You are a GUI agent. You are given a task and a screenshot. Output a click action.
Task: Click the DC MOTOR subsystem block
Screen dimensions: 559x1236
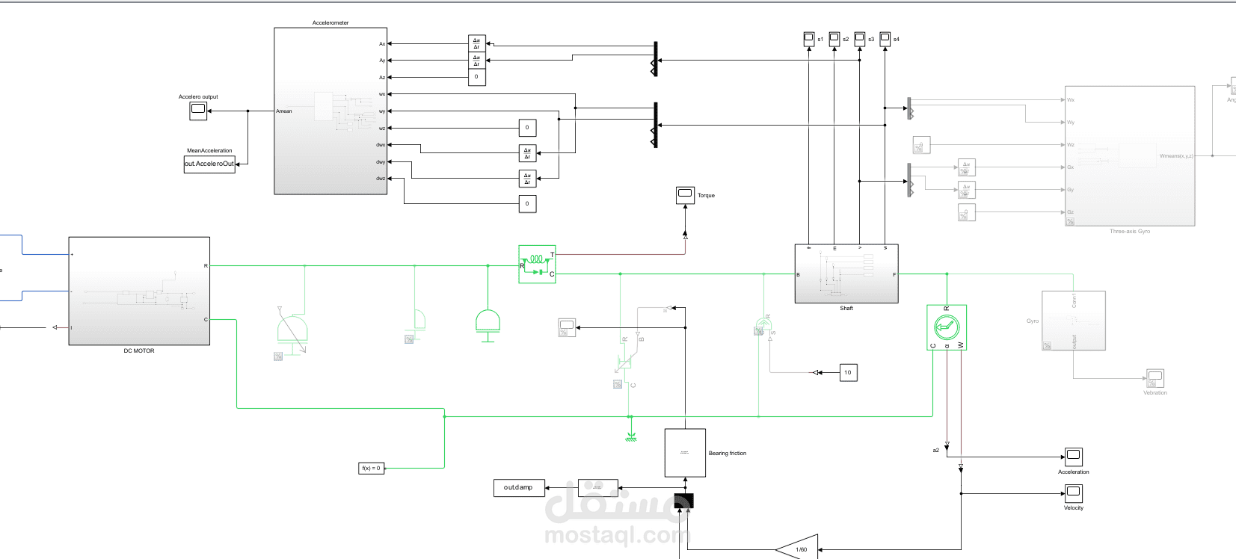139,291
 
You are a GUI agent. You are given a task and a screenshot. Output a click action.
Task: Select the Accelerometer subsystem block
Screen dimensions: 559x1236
330,111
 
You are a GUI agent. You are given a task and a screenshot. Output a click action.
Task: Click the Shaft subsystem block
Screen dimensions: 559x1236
846,274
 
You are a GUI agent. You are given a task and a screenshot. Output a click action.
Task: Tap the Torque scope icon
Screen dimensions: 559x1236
685,194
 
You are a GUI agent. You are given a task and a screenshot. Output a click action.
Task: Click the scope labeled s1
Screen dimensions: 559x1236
808,39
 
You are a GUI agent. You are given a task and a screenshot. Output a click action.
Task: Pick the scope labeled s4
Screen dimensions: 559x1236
885,39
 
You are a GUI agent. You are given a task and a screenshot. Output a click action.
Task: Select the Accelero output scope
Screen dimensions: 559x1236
198,111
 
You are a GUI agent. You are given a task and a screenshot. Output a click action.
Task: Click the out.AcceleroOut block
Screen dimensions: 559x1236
209,164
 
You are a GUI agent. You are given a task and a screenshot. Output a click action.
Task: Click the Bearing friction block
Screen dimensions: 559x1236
685,452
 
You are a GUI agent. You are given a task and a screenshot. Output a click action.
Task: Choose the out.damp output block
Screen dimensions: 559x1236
518,487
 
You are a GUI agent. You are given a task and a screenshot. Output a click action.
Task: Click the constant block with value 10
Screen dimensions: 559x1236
848,372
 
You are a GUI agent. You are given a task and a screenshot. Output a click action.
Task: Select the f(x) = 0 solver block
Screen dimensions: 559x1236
371,468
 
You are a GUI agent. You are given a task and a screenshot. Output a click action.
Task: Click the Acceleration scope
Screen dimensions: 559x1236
1074,456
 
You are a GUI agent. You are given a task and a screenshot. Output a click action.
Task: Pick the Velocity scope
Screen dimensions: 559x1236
1074,492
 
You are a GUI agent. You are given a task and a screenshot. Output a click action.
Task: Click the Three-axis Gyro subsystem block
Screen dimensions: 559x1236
1129,155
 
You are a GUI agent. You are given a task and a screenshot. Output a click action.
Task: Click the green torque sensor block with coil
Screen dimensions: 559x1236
537,265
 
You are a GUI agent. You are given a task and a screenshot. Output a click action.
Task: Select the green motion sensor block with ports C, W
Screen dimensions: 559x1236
946,327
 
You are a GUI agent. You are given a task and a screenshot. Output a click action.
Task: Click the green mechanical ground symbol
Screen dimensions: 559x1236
630,436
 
